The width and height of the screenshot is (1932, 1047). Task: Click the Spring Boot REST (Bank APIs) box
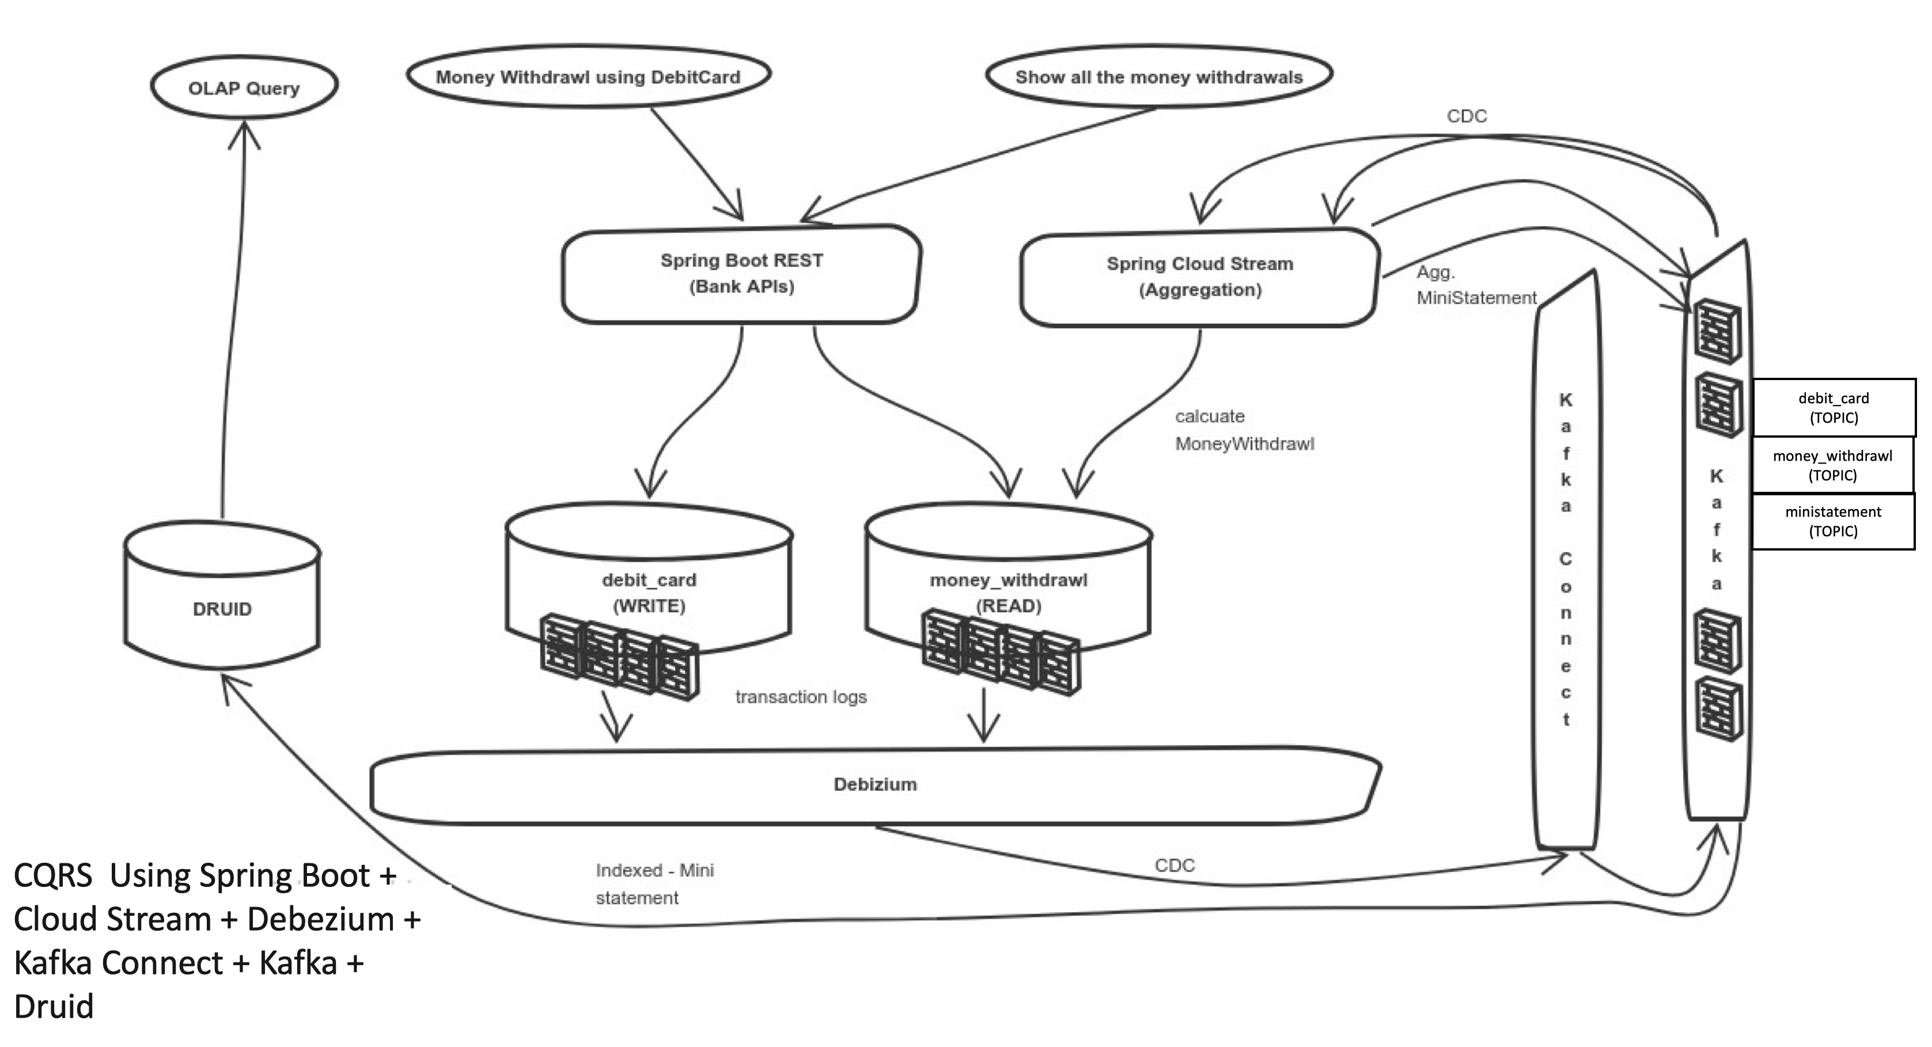pyautogui.click(x=741, y=274)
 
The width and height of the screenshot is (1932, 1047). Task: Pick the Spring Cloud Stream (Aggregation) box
pyautogui.click(x=1199, y=277)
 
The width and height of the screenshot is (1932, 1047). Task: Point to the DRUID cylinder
pyautogui.click(x=222, y=608)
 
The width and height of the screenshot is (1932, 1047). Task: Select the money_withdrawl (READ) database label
pyautogui.click(x=1008, y=593)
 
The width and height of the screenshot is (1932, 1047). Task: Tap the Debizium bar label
pyautogui.click(x=874, y=784)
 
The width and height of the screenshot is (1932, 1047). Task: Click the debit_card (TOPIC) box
pyautogui.click(x=1833, y=407)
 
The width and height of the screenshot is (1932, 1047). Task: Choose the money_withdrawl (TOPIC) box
pyautogui.click(x=1832, y=465)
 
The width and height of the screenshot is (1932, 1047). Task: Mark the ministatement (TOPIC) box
pyautogui.click(x=1832, y=521)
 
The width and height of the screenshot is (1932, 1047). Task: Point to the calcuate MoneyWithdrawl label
pyautogui.click(x=1244, y=430)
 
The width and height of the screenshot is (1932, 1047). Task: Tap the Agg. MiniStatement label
pyautogui.click(x=1475, y=285)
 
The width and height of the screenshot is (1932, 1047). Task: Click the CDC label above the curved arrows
pyautogui.click(x=1466, y=116)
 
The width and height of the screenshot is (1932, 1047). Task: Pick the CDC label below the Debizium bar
pyautogui.click(x=1174, y=865)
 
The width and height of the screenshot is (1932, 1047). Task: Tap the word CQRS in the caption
pyautogui.click(x=52, y=875)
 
